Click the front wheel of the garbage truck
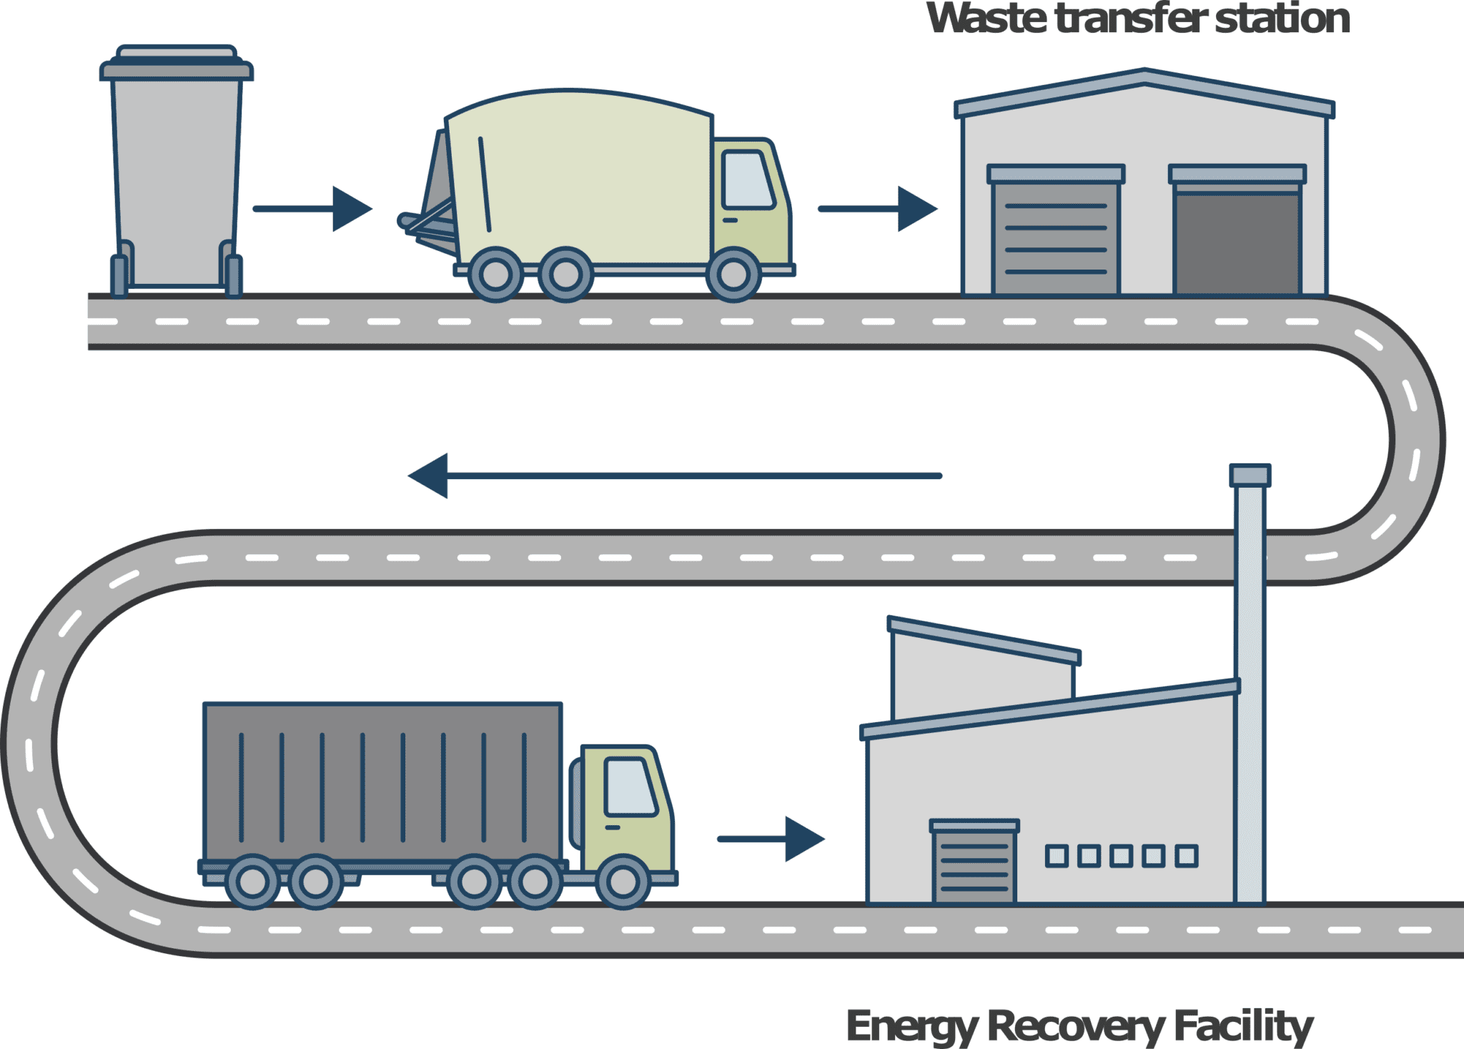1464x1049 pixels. pyautogui.click(x=733, y=275)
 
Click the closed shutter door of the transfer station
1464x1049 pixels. pyautogui.click(x=1056, y=237)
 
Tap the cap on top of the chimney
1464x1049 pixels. pyautogui.click(x=1250, y=476)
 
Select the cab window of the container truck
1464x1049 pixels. pyautogui.click(x=629, y=787)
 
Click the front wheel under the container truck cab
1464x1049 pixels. pyautogui.click(x=623, y=882)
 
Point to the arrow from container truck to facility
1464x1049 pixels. pyautogui.click(x=771, y=839)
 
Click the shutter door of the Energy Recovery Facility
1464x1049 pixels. pyautogui.click(x=974, y=867)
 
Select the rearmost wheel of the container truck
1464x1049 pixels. pyautogui.click(x=252, y=882)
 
